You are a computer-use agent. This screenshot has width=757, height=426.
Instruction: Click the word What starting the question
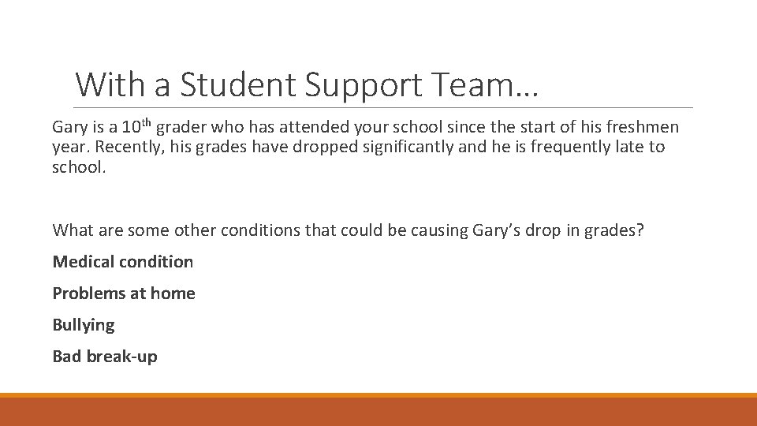[x=73, y=230]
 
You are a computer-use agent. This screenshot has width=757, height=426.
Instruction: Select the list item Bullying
[x=84, y=325]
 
